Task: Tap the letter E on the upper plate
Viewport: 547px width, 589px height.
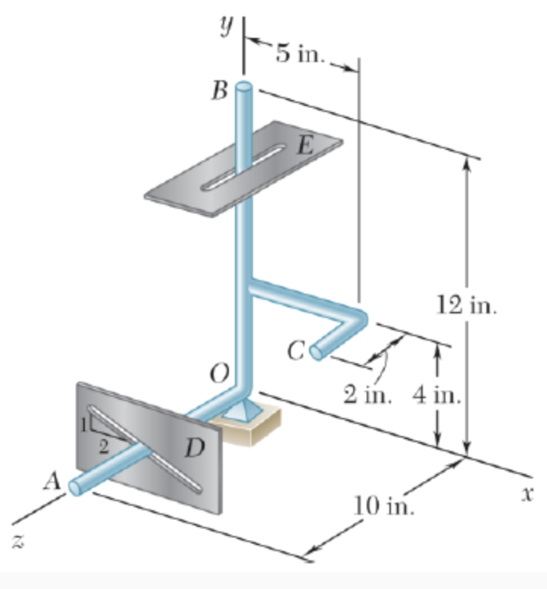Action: [304, 145]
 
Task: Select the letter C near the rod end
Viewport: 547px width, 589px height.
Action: [296, 350]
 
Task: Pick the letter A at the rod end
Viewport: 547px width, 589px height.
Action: [52, 479]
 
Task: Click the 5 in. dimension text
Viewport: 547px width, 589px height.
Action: [301, 56]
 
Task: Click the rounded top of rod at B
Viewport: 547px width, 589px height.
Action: [244, 87]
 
